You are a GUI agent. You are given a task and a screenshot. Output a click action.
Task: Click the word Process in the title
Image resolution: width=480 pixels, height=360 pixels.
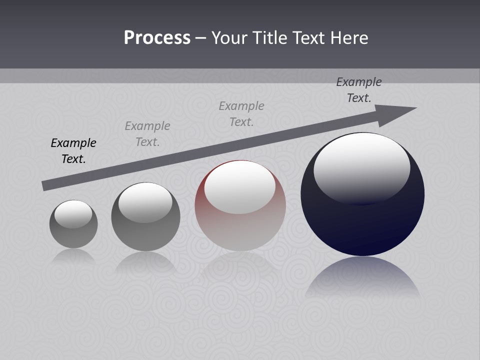click(157, 38)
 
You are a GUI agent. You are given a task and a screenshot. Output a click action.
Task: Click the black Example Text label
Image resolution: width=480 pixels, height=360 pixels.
click(73, 151)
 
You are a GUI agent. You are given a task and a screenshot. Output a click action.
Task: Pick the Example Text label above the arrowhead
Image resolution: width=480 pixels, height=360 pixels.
click(359, 90)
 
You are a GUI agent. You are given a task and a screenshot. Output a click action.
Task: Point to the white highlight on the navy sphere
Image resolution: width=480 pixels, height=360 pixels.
click(361, 167)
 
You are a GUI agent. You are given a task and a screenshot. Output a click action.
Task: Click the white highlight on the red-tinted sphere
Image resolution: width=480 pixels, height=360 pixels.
click(240, 186)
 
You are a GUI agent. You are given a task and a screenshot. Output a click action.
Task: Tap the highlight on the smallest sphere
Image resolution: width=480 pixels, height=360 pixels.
click(73, 214)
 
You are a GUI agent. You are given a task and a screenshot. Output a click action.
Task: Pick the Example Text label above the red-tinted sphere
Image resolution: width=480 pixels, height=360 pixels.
click(241, 113)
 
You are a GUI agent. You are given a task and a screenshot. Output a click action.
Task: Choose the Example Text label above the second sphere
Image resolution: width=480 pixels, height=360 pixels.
click(147, 134)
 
